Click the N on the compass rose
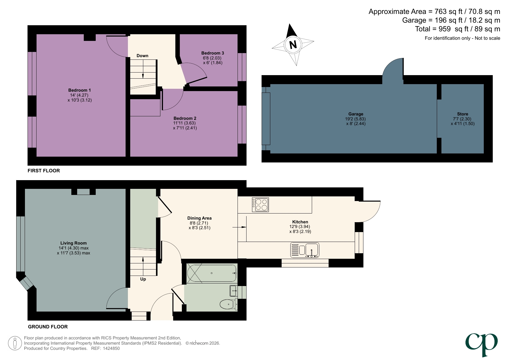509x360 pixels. (x=293, y=45)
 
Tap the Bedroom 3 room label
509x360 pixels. (x=213, y=53)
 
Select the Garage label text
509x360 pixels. (x=356, y=114)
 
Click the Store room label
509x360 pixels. (x=462, y=114)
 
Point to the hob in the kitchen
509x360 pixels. (x=260, y=205)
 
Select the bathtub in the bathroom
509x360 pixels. (x=212, y=273)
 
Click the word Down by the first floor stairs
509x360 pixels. (x=142, y=56)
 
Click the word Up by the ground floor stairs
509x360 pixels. (x=143, y=279)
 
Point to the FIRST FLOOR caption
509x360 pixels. (x=44, y=171)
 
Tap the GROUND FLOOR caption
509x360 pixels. (x=48, y=327)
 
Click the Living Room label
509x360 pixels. (x=73, y=243)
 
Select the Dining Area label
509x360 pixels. (x=199, y=218)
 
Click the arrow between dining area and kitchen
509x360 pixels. (x=239, y=228)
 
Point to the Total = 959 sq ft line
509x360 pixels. (x=457, y=29)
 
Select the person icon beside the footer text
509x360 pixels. (x=15, y=343)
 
